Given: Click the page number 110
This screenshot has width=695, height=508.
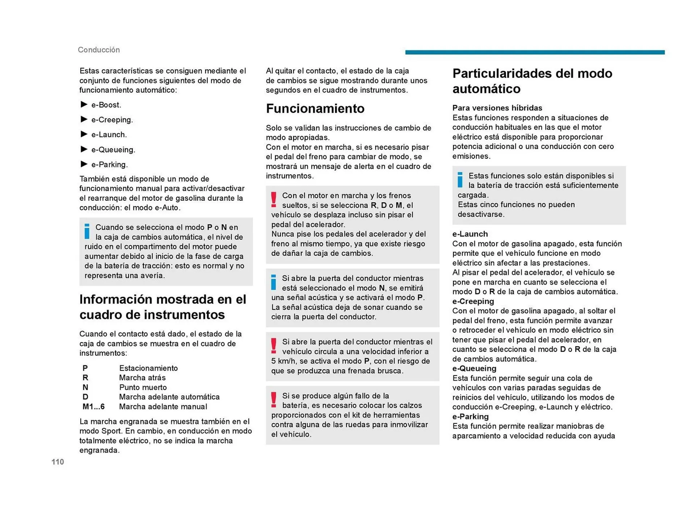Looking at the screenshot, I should [58, 462].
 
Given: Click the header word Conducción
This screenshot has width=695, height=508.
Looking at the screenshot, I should [99, 50].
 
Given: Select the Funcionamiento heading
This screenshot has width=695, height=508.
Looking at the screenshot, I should [315, 108].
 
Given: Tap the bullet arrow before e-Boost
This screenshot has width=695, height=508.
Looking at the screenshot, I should [84, 104].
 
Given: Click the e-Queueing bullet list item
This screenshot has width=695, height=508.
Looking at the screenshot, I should [113, 150].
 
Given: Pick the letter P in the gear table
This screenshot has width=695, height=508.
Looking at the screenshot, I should [85, 368].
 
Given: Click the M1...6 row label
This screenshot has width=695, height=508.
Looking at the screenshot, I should [93, 407].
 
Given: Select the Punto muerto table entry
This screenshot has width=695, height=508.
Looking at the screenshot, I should [143, 387].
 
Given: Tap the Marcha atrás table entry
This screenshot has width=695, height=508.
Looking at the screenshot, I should [142, 378].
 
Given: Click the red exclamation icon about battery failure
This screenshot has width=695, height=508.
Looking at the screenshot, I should [274, 400].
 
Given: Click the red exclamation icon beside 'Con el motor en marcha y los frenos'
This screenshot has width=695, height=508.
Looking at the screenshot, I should [274, 200].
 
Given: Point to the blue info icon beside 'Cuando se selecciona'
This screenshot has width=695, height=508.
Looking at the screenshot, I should [87, 231].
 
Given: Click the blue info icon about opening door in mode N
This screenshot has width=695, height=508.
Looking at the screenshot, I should [274, 282].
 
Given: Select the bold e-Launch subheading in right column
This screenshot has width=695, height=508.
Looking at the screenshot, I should [470, 234].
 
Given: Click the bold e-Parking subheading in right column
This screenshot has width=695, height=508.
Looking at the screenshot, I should [470, 417].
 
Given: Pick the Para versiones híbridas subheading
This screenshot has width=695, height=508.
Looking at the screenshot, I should [497, 108].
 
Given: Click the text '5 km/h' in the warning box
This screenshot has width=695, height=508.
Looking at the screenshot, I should [284, 361].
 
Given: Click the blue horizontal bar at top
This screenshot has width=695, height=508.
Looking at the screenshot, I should [535, 52].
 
